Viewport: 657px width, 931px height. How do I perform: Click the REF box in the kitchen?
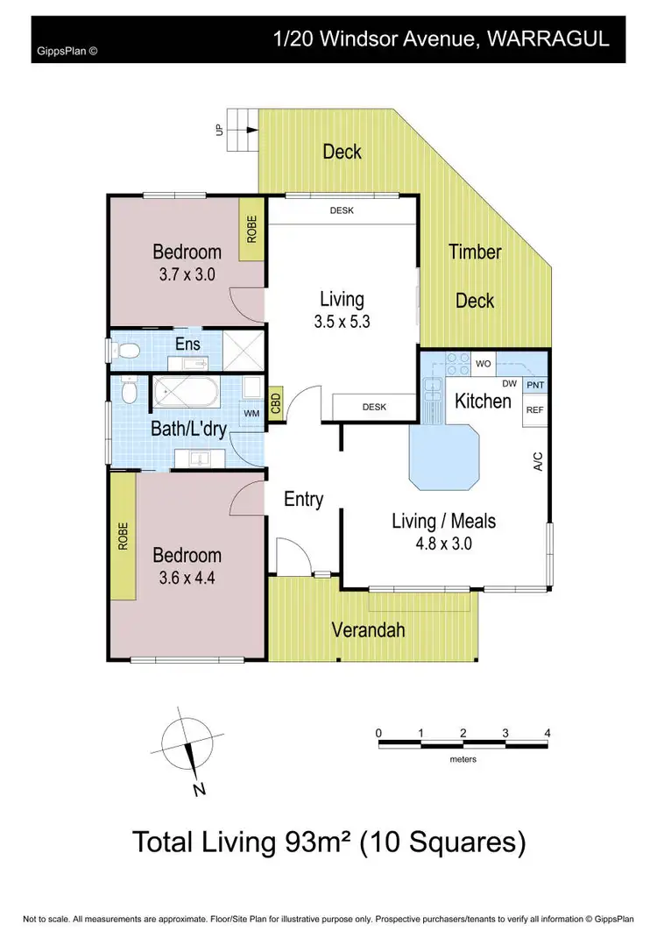pyautogui.click(x=534, y=409)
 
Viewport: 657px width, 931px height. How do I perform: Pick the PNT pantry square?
pyautogui.click(x=534, y=385)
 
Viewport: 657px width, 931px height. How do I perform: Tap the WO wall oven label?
pyautogui.click(x=482, y=363)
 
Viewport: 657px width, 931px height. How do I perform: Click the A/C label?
pyautogui.click(x=538, y=462)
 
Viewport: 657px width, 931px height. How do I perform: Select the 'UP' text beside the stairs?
pyautogui.click(x=219, y=130)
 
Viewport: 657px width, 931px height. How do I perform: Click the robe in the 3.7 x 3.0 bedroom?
pyautogui.click(x=252, y=230)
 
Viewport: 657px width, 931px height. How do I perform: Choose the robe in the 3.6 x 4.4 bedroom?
pyautogui.click(x=124, y=537)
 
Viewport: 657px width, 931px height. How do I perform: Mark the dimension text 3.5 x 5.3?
pyautogui.click(x=343, y=322)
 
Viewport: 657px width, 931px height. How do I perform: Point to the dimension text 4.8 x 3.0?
pyautogui.click(x=443, y=544)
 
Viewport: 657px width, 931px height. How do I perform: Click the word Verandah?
pyautogui.click(x=368, y=630)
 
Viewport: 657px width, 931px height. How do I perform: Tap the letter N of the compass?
pyautogui.click(x=200, y=789)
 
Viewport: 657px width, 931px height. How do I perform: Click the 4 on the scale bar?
pyautogui.click(x=547, y=732)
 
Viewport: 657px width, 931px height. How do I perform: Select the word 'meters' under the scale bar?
pyautogui.click(x=463, y=759)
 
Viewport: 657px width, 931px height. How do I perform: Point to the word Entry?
pyautogui.click(x=304, y=500)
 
